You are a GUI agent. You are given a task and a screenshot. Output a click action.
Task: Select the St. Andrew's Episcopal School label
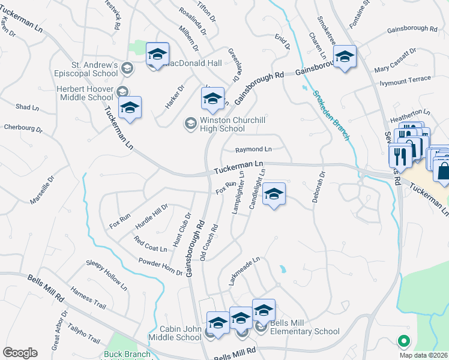(x=87, y=69)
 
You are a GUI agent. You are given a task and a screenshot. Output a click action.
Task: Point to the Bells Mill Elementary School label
(x=304, y=327)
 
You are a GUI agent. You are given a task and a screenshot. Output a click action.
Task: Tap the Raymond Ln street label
(x=253, y=149)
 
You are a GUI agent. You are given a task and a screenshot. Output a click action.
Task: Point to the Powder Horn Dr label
(x=160, y=268)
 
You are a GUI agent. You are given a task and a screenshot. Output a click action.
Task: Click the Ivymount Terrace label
(x=403, y=79)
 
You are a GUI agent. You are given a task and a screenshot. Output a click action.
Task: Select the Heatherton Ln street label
(x=411, y=112)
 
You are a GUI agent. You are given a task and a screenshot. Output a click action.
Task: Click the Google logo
(x=20, y=353)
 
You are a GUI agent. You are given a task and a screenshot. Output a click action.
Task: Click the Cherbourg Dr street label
(x=23, y=128)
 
